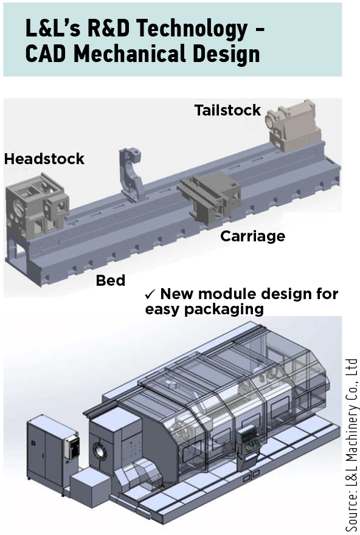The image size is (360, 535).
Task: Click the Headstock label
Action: click(44, 159)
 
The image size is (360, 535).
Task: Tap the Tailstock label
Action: click(227, 110)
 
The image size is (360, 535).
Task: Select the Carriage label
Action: click(252, 236)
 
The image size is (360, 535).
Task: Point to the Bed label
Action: click(111, 280)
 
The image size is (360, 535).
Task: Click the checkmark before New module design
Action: click(150, 294)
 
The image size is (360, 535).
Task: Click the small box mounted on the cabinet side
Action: click(73, 447)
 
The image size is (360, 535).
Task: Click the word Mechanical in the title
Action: click(130, 54)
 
